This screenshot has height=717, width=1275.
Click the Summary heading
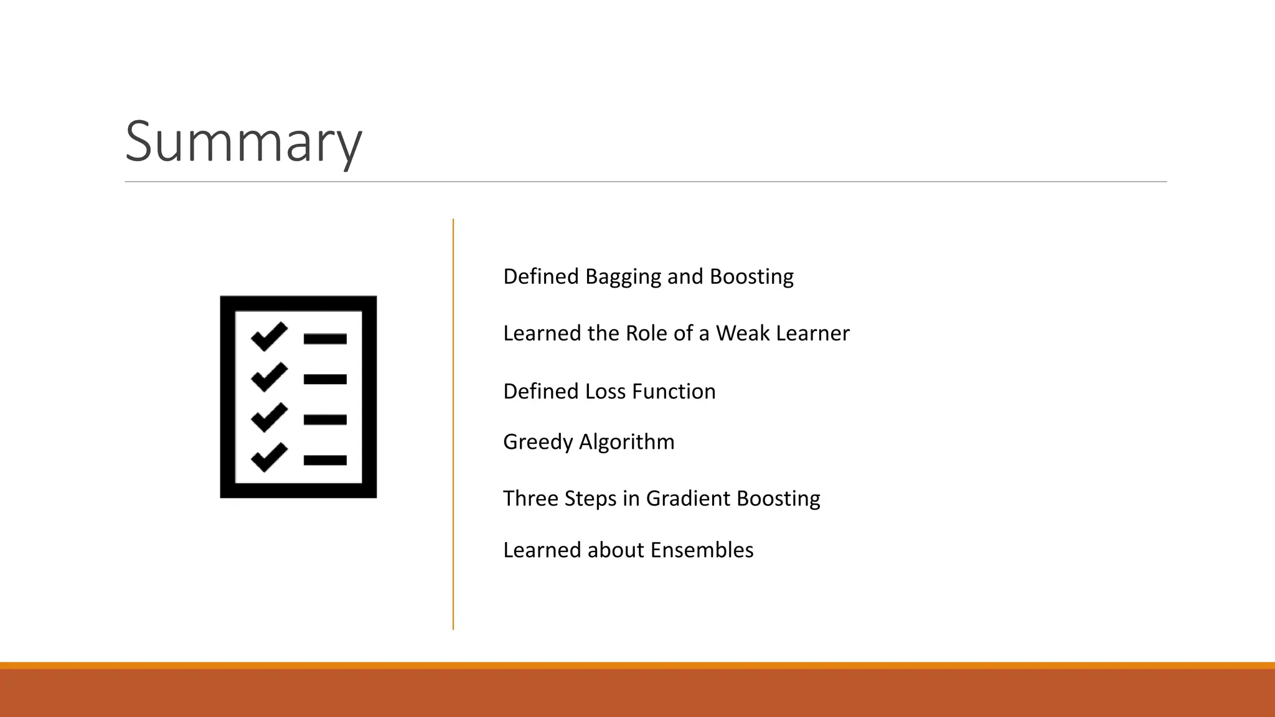click(x=243, y=142)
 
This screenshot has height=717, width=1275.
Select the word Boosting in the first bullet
click(x=751, y=277)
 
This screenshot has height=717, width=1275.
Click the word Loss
click(x=607, y=391)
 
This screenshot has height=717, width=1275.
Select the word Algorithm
click(x=627, y=443)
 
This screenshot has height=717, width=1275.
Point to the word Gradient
click(x=688, y=499)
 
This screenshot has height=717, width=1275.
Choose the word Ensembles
click(x=702, y=550)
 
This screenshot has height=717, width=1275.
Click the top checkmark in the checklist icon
click(x=269, y=337)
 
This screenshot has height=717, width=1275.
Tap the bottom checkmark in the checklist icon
click(x=269, y=457)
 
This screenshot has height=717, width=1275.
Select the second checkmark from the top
click(x=269, y=377)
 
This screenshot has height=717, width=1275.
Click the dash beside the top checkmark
click(x=325, y=339)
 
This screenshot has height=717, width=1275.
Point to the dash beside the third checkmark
click(x=325, y=420)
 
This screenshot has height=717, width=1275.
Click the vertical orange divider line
click(x=453, y=423)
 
